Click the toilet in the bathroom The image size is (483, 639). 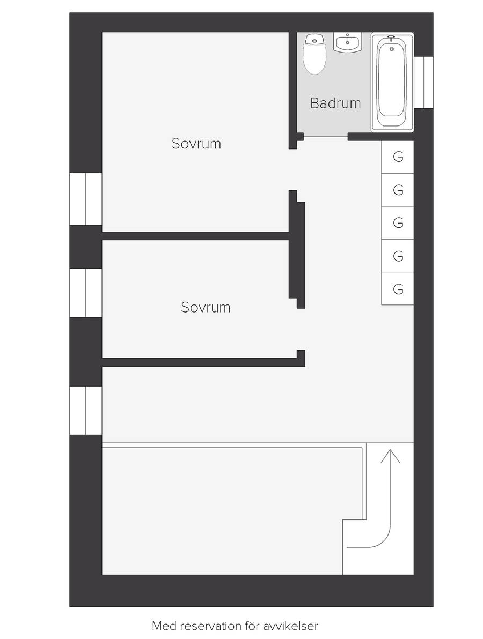(314, 54)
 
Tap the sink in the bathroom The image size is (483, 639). (348, 42)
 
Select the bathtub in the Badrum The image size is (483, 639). (392, 83)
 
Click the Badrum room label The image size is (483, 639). (335, 103)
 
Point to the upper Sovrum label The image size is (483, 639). (196, 144)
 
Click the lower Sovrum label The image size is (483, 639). (206, 307)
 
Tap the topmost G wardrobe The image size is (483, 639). (398, 157)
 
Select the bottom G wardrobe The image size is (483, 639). (398, 288)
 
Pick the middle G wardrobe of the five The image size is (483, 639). (398, 222)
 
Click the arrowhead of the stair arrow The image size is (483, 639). (390, 456)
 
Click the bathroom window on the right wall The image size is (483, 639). (423, 83)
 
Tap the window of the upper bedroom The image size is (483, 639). (86, 199)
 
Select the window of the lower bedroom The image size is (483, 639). (86, 293)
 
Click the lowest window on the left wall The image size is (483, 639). (86, 411)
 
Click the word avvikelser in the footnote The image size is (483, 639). (290, 626)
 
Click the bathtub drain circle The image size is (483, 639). (392, 49)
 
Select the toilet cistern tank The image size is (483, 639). (314, 39)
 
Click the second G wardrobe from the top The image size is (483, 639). (398, 190)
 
